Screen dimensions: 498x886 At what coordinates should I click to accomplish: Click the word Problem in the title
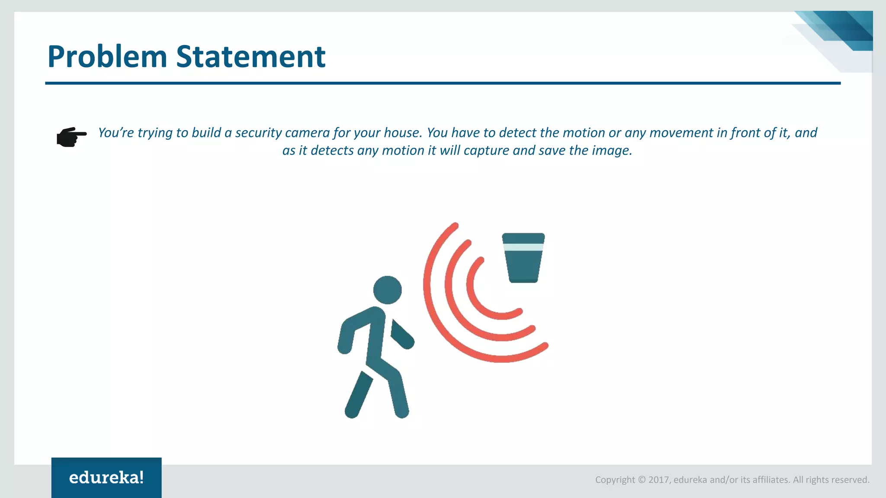tap(107, 57)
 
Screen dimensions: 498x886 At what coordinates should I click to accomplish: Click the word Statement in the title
tap(250, 57)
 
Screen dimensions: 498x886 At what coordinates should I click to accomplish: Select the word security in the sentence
tap(258, 133)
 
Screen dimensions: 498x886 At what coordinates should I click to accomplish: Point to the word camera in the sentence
tap(307, 133)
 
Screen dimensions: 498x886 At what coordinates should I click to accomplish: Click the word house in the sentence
tap(402, 133)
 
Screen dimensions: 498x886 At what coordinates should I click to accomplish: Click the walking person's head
tap(387, 290)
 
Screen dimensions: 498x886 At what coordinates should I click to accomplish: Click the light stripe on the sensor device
tap(523, 247)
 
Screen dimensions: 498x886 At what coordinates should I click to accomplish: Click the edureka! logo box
tap(106, 478)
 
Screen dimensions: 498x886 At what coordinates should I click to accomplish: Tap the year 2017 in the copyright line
tap(659, 480)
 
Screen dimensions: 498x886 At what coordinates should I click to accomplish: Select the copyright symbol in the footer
tap(642, 480)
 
